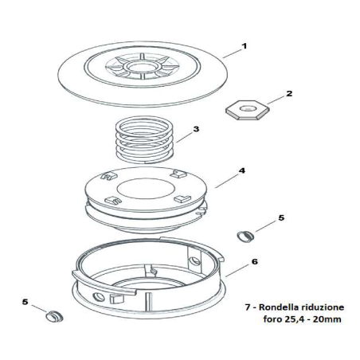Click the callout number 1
(244, 46)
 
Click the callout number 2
(289, 93)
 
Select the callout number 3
(196, 128)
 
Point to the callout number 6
(254, 260)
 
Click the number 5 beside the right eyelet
(280, 217)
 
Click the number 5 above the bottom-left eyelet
(25, 303)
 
